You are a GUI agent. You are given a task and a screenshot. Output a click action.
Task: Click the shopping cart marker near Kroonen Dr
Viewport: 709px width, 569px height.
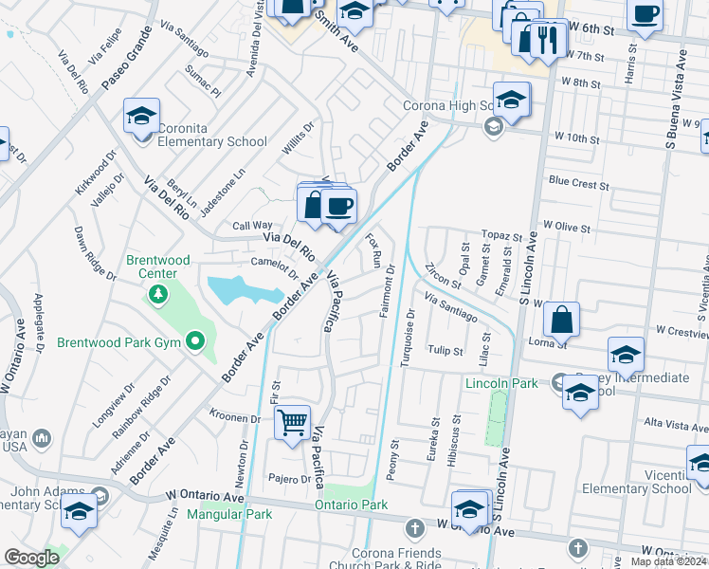coord(293,421)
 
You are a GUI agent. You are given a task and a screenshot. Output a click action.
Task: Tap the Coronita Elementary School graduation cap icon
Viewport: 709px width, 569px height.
coord(140,117)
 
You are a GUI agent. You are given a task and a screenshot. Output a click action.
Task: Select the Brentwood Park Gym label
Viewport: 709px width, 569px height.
coord(124,341)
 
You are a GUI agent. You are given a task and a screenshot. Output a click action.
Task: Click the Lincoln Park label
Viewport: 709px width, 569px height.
coord(500,383)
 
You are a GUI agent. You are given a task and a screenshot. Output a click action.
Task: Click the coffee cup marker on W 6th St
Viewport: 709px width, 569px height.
coord(645,16)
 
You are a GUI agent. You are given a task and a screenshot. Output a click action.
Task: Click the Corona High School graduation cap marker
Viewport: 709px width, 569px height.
coord(511,101)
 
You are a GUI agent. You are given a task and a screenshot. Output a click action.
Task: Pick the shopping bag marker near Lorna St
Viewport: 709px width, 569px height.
coord(561,321)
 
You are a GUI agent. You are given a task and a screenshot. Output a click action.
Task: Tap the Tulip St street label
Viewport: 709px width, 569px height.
coord(445,351)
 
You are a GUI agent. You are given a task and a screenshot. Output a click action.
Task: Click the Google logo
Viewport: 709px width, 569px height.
coord(32,558)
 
